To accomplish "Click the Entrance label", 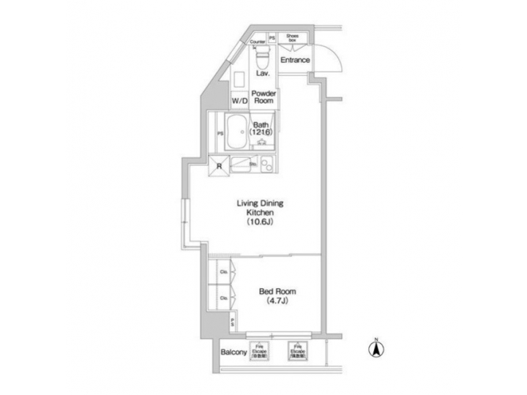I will (x=296, y=60).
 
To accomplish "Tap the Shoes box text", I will (x=291, y=39).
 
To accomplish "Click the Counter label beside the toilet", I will (x=257, y=42).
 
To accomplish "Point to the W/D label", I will (x=239, y=100).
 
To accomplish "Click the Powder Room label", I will (x=263, y=97).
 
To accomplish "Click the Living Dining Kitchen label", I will (x=259, y=207).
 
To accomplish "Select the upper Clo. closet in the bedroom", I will (x=223, y=272).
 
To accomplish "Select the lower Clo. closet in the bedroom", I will (x=223, y=298).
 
